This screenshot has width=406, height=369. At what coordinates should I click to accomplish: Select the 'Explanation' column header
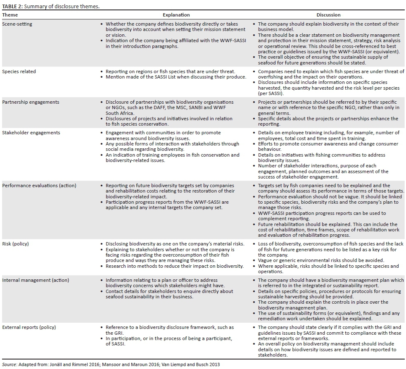[176, 15]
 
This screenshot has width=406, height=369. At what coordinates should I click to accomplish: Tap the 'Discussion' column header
[328, 15]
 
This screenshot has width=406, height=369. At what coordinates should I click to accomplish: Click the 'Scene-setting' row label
[17, 24]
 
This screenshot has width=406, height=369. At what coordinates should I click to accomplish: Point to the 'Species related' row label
[19, 71]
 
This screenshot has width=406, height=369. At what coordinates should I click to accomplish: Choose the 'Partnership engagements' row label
[31, 102]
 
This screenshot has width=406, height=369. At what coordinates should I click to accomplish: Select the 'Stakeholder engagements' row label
[31, 133]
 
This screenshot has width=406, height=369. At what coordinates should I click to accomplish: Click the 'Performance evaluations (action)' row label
[39, 186]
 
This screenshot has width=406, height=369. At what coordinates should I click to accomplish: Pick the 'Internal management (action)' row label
[36, 280]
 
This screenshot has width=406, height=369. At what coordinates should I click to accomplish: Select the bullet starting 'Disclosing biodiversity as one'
[175, 244]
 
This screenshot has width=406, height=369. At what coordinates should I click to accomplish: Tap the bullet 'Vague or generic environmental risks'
[321, 260]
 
